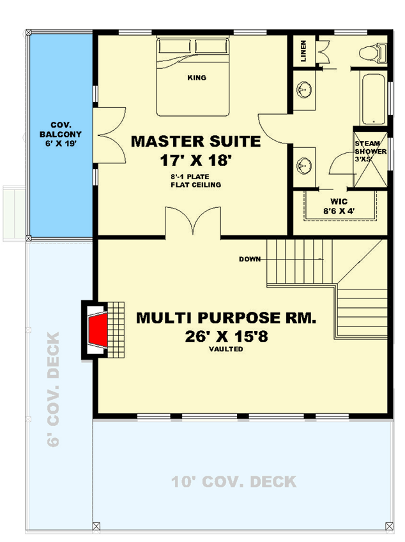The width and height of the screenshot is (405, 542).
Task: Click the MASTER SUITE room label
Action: (195, 141)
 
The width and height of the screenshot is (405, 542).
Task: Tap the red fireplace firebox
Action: (98, 332)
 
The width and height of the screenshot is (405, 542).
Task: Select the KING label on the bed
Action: (197, 78)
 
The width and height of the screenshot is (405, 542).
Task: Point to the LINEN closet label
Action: (303, 51)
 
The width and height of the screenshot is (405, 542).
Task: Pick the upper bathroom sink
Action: (303, 91)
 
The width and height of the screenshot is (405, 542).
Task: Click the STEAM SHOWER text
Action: (371, 152)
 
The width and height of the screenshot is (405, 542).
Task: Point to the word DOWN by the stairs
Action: (249, 260)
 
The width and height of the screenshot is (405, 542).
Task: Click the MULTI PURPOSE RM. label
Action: (225, 318)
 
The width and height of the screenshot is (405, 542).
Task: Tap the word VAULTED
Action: (225, 349)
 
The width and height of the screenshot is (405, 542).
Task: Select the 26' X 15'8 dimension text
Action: (225, 335)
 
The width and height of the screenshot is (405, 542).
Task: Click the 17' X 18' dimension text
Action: (195, 160)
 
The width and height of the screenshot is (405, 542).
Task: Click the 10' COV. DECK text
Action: (234, 482)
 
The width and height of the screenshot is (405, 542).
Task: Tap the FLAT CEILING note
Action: (195, 185)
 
